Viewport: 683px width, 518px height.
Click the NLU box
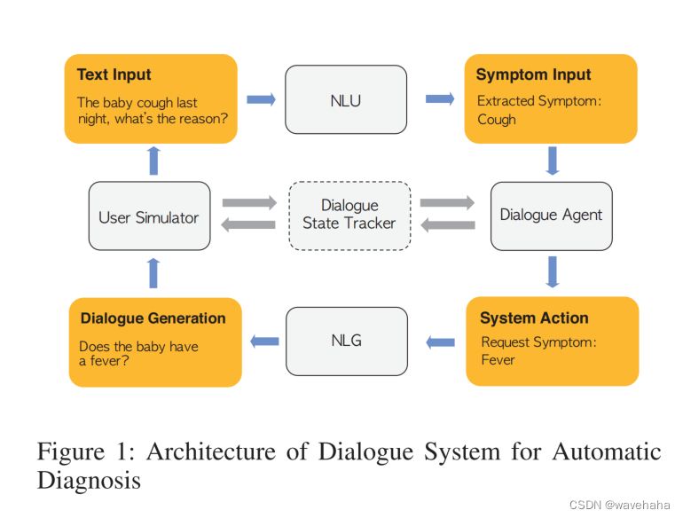[x=345, y=100]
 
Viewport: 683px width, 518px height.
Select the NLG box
[x=346, y=340]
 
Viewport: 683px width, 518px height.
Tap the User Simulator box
[x=149, y=216]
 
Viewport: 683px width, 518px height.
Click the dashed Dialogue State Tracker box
[x=349, y=215]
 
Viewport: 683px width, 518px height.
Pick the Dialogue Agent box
[x=551, y=215]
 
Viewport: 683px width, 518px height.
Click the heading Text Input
[x=114, y=75]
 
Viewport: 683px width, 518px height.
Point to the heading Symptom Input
[x=533, y=75]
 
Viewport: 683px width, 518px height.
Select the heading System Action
[x=533, y=318]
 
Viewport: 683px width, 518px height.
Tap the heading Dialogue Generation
[x=153, y=318]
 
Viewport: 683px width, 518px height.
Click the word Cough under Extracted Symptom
[x=496, y=119]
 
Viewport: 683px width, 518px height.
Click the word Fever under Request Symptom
[x=498, y=359]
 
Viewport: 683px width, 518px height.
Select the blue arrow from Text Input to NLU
[x=261, y=99]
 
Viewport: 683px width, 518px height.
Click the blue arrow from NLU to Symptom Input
[x=440, y=99]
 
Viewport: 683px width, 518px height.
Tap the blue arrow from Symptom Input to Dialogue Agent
[x=553, y=161]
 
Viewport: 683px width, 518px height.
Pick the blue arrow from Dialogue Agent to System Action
[x=553, y=271]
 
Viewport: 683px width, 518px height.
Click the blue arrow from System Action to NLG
[x=440, y=341]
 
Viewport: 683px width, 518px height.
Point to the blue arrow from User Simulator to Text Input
[x=153, y=161]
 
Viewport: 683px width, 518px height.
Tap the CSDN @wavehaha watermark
[x=619, y=504]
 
